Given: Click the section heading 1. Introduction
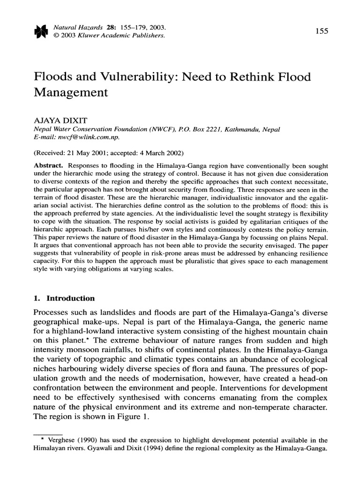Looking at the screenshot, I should click(x=64, y=298).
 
